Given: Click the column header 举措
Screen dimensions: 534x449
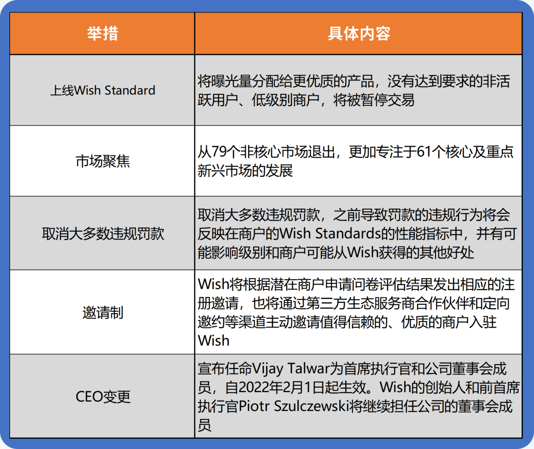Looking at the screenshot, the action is (x=102, y=34).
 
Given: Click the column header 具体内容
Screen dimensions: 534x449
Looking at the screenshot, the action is (x=358, y=34).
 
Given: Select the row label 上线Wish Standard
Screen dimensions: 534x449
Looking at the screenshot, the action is (x=102, y=90).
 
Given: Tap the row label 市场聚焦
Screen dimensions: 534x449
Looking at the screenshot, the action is (x=102, y=161).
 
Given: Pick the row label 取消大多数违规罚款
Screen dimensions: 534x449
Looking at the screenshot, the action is (x=102, y=234).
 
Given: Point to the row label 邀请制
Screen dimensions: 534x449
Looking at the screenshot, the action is (x=102, y=312).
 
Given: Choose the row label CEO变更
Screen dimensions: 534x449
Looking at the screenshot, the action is (x=102, y=397).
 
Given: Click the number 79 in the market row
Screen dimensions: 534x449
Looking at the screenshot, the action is (x=219, y=152).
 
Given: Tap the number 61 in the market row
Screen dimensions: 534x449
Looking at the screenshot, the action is (x=424, y=152).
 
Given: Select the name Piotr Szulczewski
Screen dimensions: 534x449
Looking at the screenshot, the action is (x=293, y=406).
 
